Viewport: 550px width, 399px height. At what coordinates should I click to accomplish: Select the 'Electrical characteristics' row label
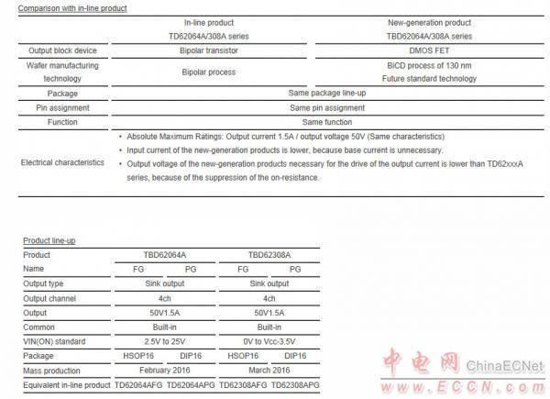click(60, 163)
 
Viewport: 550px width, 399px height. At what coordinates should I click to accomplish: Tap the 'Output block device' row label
click(60, 50)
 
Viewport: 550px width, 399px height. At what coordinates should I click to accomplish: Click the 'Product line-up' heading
click(49, 241)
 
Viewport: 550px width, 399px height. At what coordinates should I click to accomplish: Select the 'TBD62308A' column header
click(269, 256)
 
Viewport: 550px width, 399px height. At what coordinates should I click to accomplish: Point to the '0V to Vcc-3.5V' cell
click(269, 341)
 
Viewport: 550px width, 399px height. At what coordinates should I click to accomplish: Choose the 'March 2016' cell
click(269, 370)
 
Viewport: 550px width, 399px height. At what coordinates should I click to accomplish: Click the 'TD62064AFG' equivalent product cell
click(139, 384)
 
